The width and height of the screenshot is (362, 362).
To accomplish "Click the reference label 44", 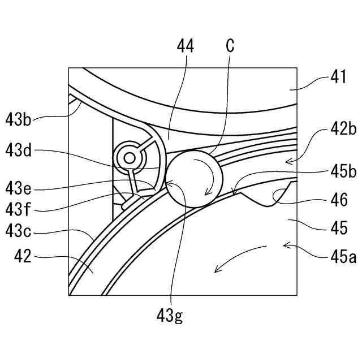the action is click(x=185, y=47).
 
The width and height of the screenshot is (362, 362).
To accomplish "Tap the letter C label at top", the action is click(x=230, y=46).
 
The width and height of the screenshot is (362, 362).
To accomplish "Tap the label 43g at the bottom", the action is click(x=170, y=315).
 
